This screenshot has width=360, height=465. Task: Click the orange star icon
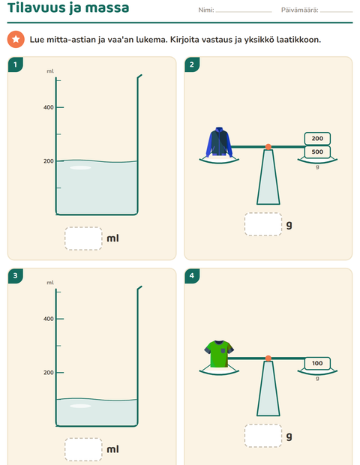point(16,39)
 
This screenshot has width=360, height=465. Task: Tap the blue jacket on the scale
point(219,142)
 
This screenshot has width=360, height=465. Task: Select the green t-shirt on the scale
point(219,354)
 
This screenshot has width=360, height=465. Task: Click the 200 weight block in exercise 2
point(317,139)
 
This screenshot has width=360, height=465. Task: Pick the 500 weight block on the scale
point(317,151)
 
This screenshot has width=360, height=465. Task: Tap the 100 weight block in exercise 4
point(317,363)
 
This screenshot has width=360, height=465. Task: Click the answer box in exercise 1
point(83,238)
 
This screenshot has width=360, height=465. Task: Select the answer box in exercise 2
point(263,224)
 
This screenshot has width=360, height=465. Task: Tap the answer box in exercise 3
point(83,449)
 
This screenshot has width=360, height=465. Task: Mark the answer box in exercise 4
point(263,436)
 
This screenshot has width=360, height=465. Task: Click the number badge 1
point(16,64)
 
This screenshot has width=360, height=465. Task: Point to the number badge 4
point(192,276)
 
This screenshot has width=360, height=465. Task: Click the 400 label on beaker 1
point(49,107)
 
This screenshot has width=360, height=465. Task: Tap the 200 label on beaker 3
point(49,373)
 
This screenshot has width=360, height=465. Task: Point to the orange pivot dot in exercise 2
point(268,147)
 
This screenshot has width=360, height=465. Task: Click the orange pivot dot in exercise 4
point(268,358)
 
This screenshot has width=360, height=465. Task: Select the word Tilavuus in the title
point(37,7)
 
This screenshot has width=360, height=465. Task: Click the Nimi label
point(206,10)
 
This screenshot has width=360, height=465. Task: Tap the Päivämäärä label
point(300,10)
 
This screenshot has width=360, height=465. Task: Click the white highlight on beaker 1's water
point(80,168)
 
